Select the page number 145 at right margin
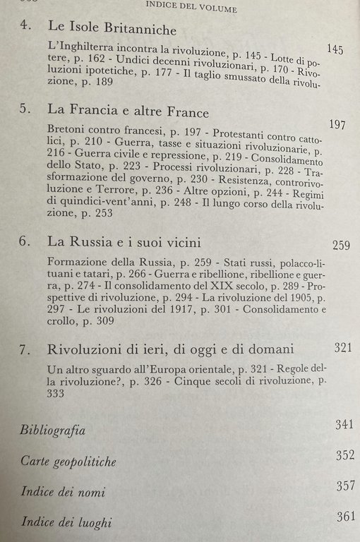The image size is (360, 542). (336, 49)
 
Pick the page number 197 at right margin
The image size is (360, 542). (337, 125)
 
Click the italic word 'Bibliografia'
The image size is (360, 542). (53, 430)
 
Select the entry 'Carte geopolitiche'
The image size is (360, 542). (68, 462)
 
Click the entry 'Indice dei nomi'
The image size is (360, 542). (61, 492)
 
